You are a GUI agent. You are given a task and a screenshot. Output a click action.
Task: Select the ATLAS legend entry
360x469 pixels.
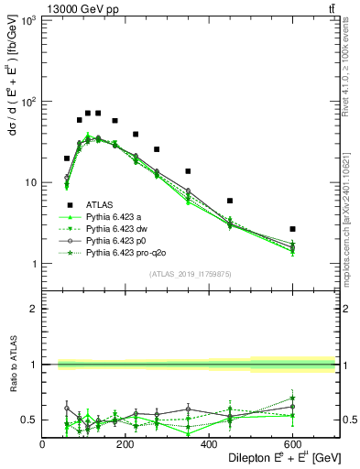tap(100, 204)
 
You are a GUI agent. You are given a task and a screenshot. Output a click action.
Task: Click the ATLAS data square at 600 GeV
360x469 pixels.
tap(292, 229)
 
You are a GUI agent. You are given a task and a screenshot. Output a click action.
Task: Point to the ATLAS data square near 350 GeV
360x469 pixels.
tap(188, 171)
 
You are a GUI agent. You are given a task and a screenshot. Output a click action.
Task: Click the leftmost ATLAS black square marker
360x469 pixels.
tap(67, 158)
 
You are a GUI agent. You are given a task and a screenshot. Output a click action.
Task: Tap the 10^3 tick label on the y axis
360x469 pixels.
tap(28, 20)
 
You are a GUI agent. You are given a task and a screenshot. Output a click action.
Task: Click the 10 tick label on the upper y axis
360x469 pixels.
tap(30, 183)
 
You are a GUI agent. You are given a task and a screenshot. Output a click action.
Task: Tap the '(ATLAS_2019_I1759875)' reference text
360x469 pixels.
tap(191, 273)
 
